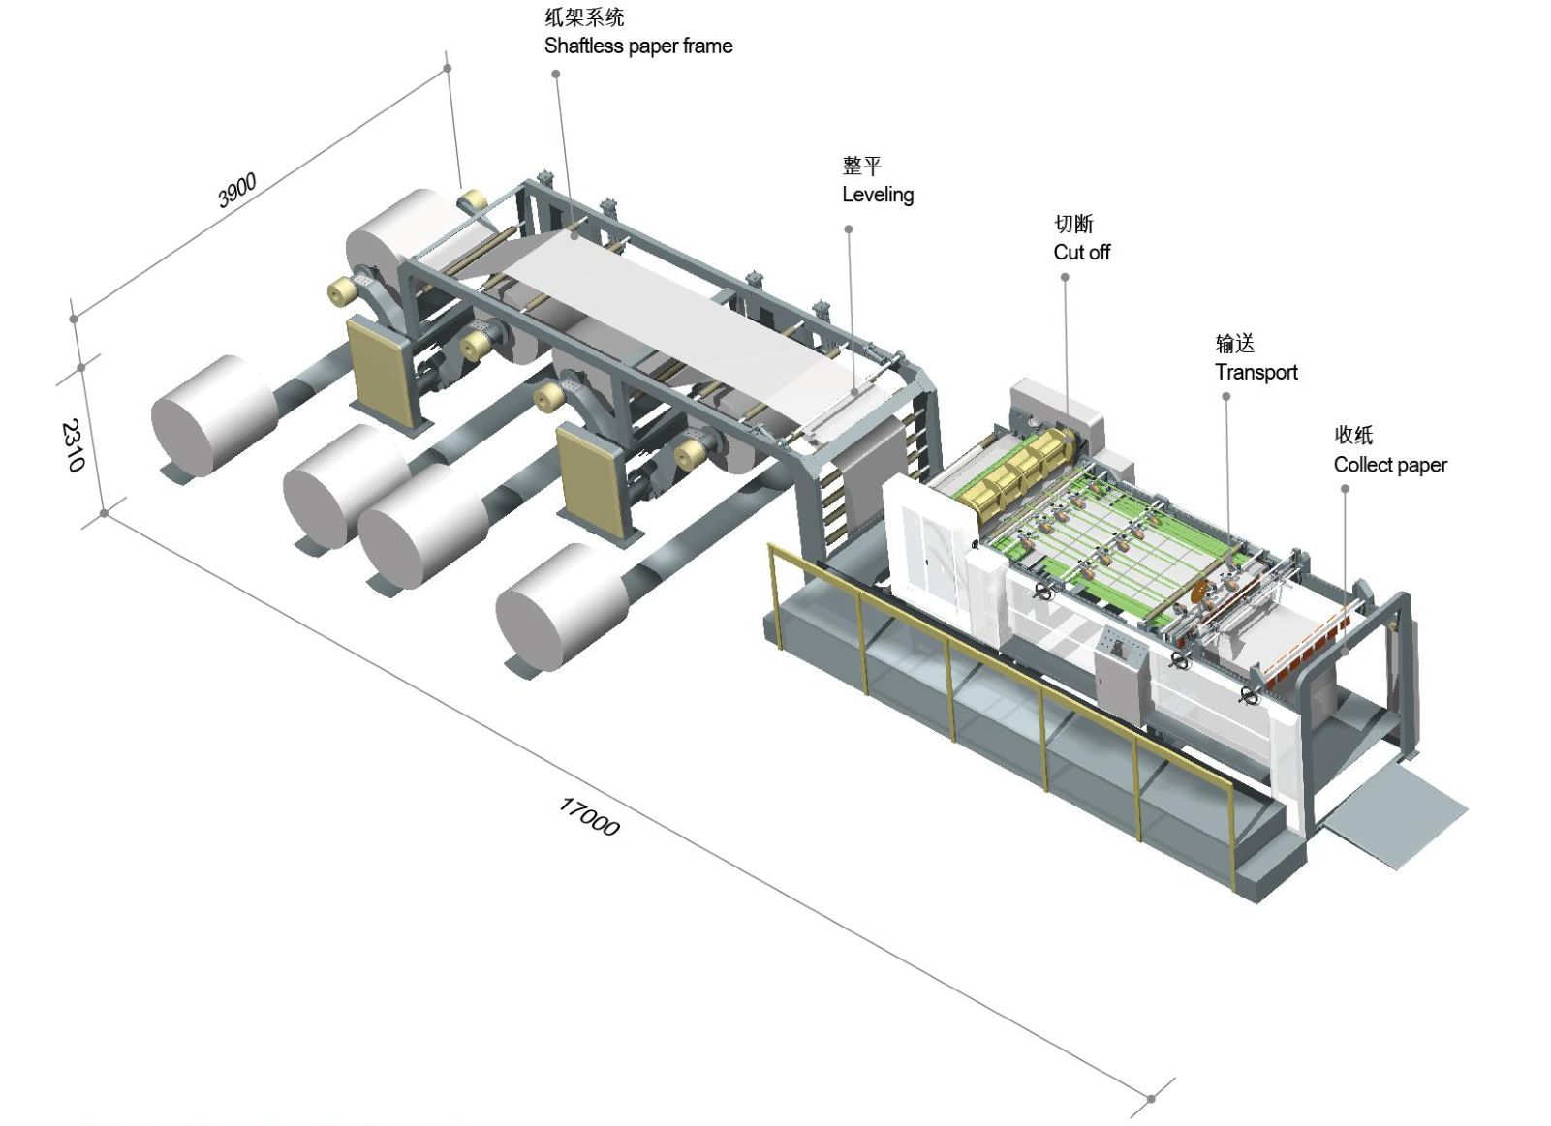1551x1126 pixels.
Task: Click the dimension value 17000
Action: [x=588, y=816]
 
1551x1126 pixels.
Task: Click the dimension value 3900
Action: [x=236, y=190]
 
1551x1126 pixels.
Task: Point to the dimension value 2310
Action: [x=73, y=444]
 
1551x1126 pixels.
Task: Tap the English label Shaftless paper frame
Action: [x=637, y=46]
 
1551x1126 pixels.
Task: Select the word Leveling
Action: [x=877, y=195]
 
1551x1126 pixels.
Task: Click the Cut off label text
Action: [x=1081, y=253]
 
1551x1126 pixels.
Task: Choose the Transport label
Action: [x=1256, y=373]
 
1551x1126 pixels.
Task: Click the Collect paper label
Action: [x=1389, y=465]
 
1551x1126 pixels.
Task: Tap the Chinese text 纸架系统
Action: [x=584, y=17]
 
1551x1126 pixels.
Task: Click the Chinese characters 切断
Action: [x=1073, y=225]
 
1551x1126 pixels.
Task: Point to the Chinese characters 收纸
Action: [x=1353, y=436]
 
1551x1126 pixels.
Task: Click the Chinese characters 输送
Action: [x=1234, y=344]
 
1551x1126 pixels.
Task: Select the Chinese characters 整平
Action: [x=861, y=167]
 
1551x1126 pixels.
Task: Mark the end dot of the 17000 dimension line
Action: [x=1151, y=1098]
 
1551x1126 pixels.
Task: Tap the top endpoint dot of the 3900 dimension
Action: [x=448, y=68]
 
